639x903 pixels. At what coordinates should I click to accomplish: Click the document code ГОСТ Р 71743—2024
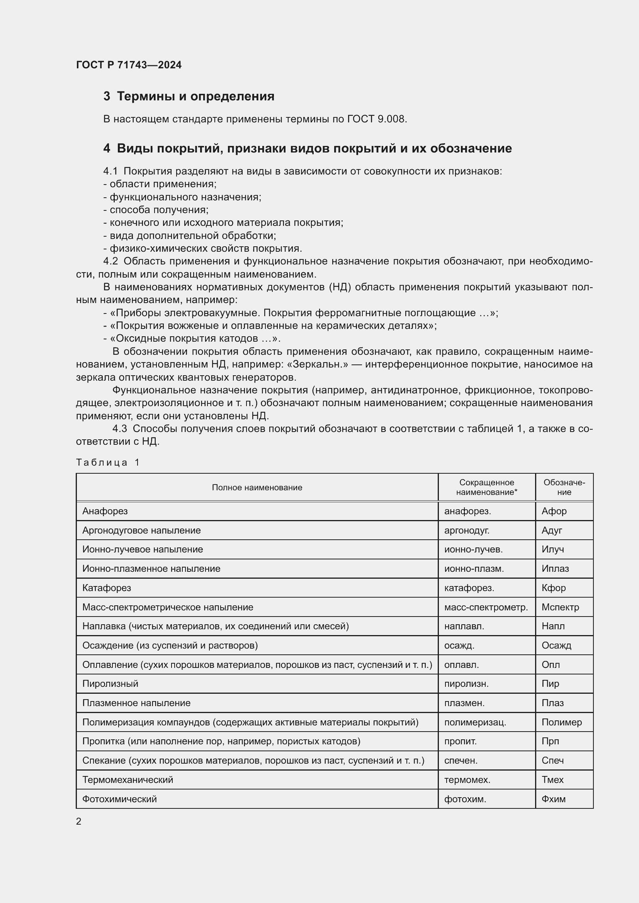(129, 65)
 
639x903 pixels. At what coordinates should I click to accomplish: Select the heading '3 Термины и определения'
(189, 97)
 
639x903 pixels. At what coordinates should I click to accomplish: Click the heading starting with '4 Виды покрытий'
(307, 149)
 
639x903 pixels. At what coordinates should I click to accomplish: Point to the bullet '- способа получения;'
(156, 210)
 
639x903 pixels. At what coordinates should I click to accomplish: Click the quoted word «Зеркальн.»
(318, 364)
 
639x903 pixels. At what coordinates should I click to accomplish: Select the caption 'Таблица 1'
(108, 463)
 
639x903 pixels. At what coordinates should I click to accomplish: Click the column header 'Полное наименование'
(257, 488)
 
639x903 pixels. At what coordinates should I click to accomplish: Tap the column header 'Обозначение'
(564, 487)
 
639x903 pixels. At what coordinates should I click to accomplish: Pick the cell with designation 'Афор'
(554, 511)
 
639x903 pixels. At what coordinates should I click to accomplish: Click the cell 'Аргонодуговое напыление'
(142, 530)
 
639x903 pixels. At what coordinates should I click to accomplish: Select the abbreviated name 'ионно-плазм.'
(474, 569)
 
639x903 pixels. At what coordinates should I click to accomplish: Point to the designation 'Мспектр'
(560, 607)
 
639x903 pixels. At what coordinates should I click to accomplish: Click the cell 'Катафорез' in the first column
(107, 588)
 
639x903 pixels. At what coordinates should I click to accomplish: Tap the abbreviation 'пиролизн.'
(466, 684)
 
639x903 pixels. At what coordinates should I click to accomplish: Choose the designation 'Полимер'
(561, 722)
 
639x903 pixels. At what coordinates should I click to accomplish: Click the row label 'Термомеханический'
(127, 780)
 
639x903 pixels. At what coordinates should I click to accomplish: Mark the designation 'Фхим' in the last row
(553, 799)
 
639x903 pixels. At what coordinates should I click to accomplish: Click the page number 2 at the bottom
(79, 822)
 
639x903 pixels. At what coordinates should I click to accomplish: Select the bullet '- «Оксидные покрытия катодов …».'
(192, 339)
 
